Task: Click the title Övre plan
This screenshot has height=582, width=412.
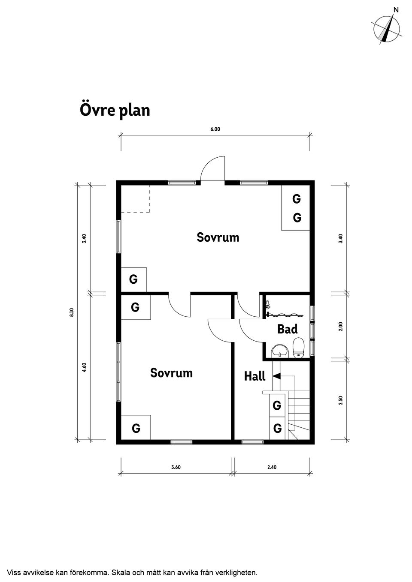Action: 115,110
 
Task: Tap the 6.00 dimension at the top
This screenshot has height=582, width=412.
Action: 215,129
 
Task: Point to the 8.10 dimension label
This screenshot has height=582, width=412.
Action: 72,312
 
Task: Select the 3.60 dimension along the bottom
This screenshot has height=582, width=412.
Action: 176,467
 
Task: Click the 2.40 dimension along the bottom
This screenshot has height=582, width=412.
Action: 272,467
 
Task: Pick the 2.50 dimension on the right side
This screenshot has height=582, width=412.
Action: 340,400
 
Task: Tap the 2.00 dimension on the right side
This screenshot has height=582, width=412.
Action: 340,327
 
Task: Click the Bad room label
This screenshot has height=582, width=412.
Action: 287,329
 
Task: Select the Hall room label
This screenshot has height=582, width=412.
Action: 254,376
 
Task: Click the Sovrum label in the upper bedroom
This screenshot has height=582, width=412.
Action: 218,237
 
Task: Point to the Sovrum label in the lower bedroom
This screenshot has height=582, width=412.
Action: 171,373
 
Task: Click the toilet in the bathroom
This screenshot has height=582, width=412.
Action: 298,347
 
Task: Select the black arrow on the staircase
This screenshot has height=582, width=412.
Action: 277,376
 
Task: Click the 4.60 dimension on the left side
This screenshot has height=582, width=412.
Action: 85,367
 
